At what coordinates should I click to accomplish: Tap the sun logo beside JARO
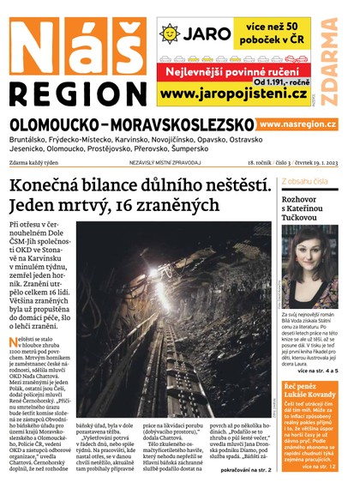(170, 33)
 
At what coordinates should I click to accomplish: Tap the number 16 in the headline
(135, 206)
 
